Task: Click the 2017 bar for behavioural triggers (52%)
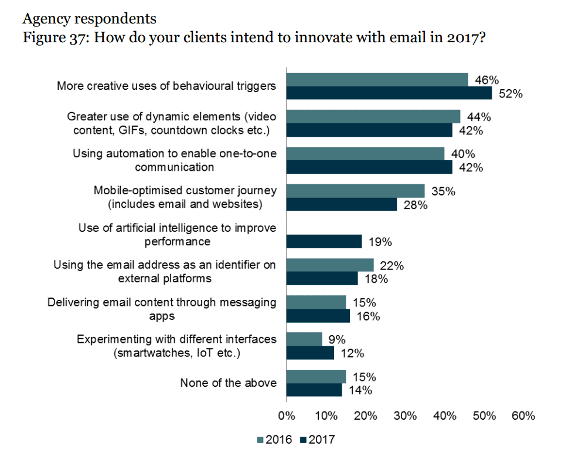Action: (389, 93)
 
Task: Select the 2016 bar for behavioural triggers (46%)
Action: (377, 80)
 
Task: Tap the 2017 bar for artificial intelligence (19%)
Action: (324, 242)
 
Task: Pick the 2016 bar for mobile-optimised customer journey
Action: (355, 191)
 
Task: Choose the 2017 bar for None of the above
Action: (314, 390)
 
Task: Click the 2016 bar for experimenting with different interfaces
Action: (304, 339)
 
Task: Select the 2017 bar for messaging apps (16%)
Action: (318, 316)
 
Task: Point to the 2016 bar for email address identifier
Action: (329, 265)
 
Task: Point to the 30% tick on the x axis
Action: (405, 416)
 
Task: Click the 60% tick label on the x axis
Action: (523, 416)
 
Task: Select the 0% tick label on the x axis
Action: (287, 416)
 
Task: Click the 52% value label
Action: (510, 94)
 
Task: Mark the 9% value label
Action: (337, 339)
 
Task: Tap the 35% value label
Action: (443, 191)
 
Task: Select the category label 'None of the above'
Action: (228, 383)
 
